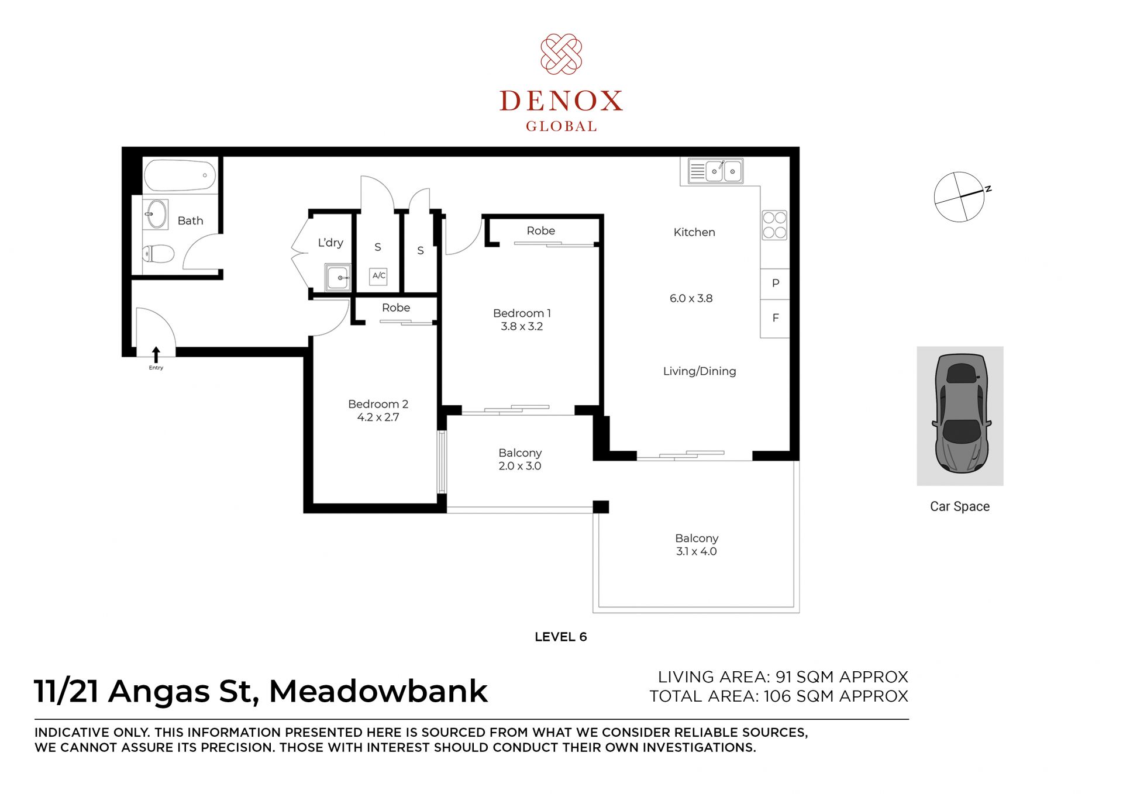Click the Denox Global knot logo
coord(561,54)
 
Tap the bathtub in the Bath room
coord(180,175)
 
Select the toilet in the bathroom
coord(159,254)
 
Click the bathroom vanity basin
coord(156,214)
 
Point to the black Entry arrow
coord(156,355)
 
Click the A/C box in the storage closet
coord(378,275)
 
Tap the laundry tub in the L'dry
coord(338,277)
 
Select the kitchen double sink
coord(715,171)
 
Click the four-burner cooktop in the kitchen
coord(774,225)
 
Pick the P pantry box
coord(775,284)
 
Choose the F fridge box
coord(775,318)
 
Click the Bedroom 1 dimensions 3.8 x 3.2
coord(522,327)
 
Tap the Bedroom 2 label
coord(378,404)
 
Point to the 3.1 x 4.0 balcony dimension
coord(696,551)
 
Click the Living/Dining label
coord(700,371)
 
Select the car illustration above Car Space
coord(962,413)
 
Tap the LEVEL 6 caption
coord(560,637)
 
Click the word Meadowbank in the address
coord(378,691)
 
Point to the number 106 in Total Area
coord(777,696)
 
